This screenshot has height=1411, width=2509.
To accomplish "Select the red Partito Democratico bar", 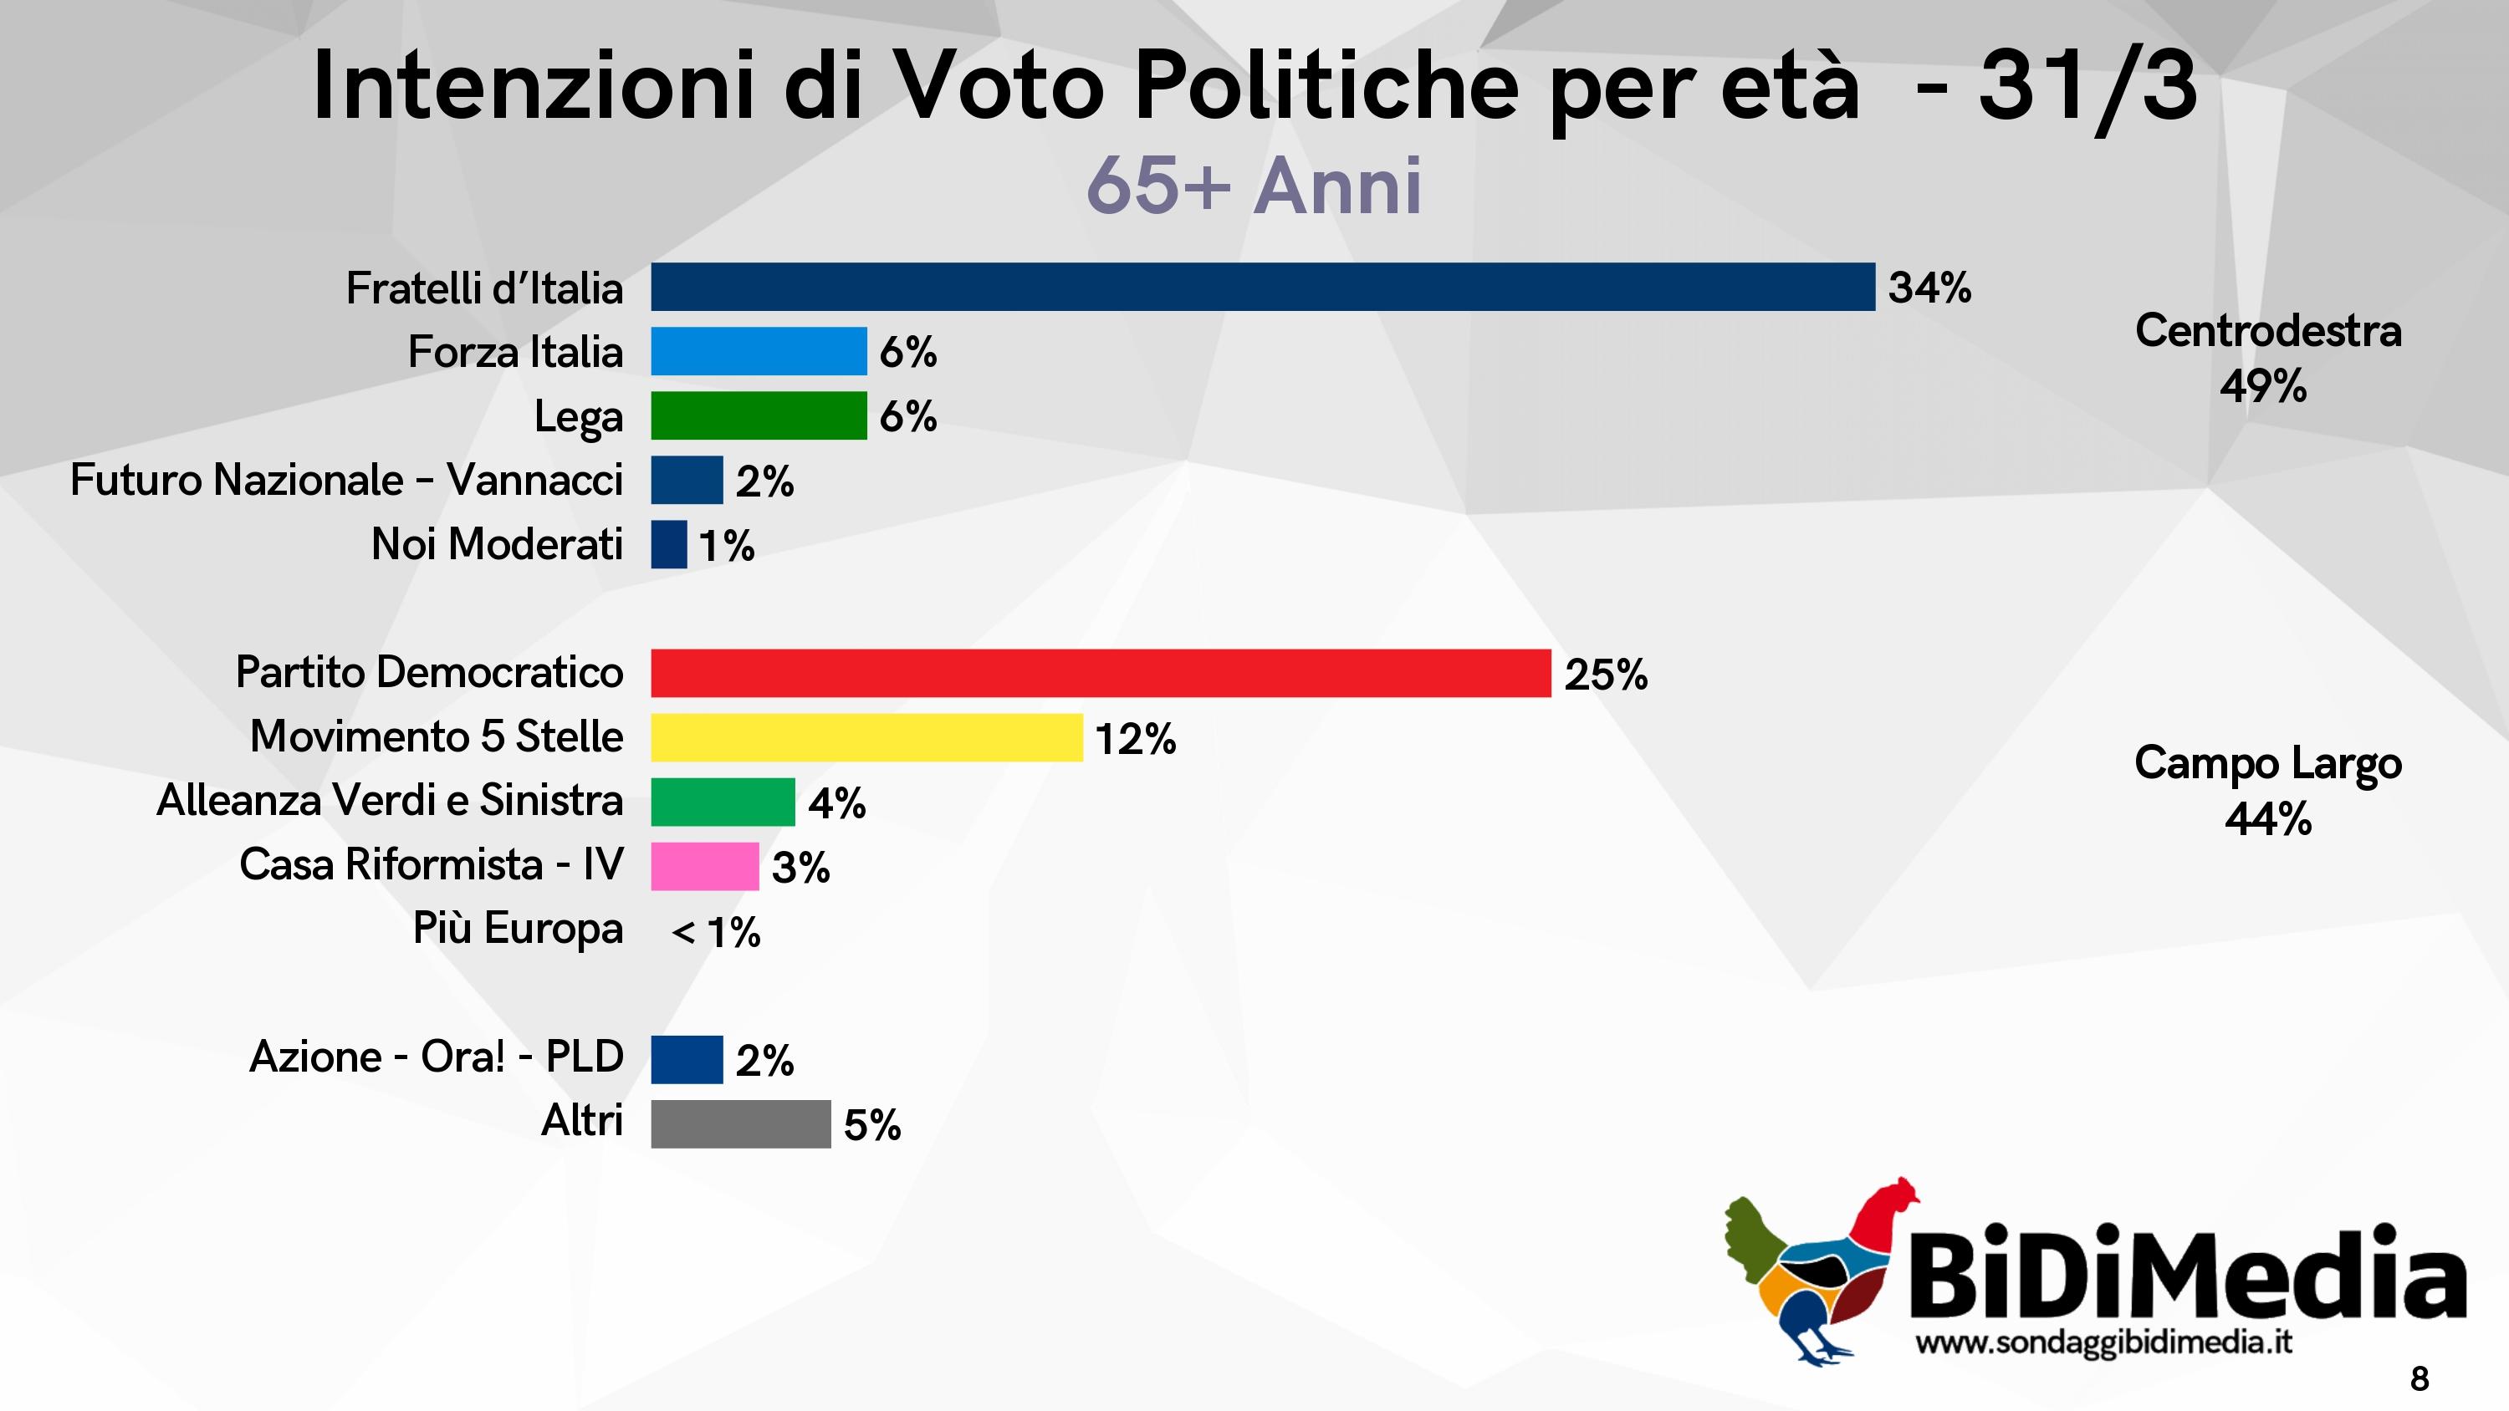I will point(1101,673).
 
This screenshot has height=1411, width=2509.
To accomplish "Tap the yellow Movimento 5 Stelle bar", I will point(866,737).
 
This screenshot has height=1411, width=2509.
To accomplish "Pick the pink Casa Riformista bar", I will point(704,866).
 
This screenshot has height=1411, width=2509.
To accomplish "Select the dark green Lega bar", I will point(758,415).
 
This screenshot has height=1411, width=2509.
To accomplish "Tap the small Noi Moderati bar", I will point(668,544).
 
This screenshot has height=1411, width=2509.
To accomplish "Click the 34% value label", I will point(1929,288).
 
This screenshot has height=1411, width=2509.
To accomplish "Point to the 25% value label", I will point(1605,674).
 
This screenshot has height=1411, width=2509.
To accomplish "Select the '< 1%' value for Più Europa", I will point(716,932).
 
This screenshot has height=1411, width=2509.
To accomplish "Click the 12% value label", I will point(1135,738).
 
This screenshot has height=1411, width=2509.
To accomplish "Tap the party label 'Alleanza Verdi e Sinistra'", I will point(390,801).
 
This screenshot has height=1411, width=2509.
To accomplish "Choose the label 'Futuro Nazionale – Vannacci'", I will point(347,480).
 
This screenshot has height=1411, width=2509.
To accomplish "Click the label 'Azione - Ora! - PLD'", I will point(437,1057).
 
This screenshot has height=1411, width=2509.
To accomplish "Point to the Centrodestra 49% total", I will point(2267,359).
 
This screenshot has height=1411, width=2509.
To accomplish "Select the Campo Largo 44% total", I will point(2267,791).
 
